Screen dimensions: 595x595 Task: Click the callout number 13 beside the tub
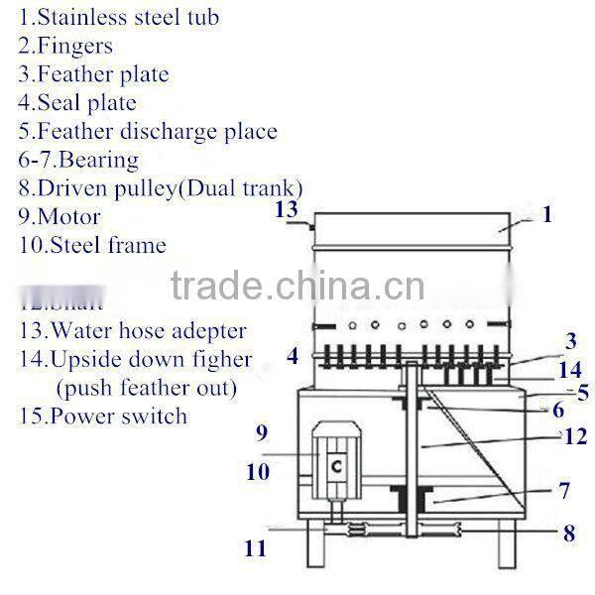(x=286, y=208)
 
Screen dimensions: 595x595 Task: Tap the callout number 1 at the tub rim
(x=546, y=213)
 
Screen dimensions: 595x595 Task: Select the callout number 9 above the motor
(x=262, y=432)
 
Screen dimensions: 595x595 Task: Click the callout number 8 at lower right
(x=568, y=533)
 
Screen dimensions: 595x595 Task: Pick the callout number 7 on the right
(x=562, y=490)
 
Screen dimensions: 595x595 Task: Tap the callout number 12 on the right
(x=573, y=436)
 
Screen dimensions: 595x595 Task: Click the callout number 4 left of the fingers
(x=293, y=355)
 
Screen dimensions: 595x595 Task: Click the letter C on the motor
(x=337, y=466)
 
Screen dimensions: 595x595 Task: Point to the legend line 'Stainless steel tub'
(x=119, y=17)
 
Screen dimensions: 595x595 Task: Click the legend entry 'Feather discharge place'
(x=147, y=131)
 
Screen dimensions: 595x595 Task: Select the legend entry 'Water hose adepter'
(x=132, y=330)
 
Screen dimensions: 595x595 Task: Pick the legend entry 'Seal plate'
(x=77, y=102)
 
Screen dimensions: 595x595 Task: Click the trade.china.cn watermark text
(x=298, y=288)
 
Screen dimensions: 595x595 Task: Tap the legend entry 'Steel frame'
(x=91, y=244)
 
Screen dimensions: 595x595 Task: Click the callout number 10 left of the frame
(x=258, y=473)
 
